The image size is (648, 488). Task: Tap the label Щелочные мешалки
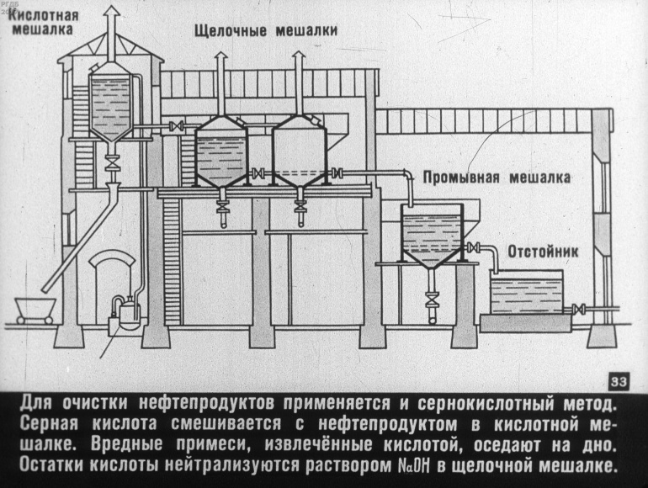point(265,30)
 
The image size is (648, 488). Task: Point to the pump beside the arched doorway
point(128,313)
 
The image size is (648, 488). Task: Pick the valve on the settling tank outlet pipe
point(576,310)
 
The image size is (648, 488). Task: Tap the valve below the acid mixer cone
point(112,161)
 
